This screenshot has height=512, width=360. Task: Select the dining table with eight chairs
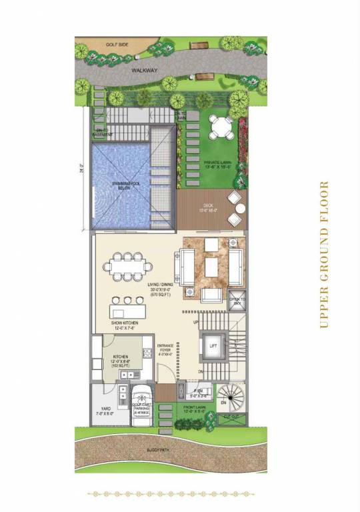(126, 267)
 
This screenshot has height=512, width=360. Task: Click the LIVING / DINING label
(159, 287)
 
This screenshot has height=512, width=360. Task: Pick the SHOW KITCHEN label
(126, 325)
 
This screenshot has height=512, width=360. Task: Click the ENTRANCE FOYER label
(165, 349)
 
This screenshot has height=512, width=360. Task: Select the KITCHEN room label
(121, 361)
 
